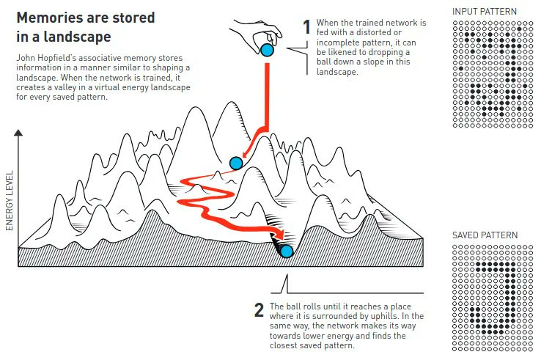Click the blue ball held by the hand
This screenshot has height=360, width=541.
pyautogui.click(x=267, y=50)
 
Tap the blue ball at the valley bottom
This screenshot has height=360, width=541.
pyautogui.click(x=286, y=251)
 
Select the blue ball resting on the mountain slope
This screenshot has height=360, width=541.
pyautogui.click(x=236, y=163)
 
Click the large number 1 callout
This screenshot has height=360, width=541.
pyautogui.click(x=307, y=27)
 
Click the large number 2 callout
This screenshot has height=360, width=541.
pyautogui.click(x=259, y=310)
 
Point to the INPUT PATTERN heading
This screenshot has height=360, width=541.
pyautogui.click(x=485, y=12)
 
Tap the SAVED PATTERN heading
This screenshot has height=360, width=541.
pyautogui.click(x=485, y=235)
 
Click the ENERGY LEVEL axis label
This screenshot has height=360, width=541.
pyautogui.click(x=10, y=200)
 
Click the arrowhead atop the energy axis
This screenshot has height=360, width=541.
pyautogui.click(x=18, y=133)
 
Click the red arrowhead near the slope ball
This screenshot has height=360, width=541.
pyautogui.click(x=246, y=153)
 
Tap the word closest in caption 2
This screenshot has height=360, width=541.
pyautogui.click(x=284, y=345)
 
